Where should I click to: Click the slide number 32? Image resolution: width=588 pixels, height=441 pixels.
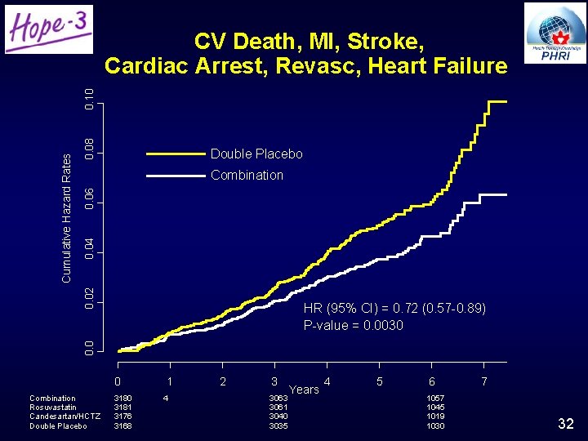tap(565, 423)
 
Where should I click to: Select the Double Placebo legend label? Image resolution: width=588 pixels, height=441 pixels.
tap(256, 154)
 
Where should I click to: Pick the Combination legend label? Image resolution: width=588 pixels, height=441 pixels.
tap(247, 175)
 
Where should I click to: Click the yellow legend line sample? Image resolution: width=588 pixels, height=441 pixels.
tap(175, 154)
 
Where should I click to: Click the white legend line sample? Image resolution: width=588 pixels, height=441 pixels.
tap(175, 175)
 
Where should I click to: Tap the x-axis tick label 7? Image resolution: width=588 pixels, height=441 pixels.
tap(484, 381)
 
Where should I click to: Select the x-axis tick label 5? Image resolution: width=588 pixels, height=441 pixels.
tap(380, 381)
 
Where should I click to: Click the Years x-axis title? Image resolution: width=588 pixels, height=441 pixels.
tap(305, 390)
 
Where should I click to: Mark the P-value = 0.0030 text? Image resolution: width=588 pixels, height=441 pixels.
tap(353, 325)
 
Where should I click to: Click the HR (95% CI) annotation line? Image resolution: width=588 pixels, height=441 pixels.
tap(394, 309)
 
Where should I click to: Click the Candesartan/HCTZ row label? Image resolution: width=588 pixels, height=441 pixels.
tap(65, 416)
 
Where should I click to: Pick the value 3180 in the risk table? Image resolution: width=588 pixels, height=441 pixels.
tap(122, 399)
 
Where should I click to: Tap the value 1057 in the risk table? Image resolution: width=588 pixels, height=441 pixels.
tap(436, 399)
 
